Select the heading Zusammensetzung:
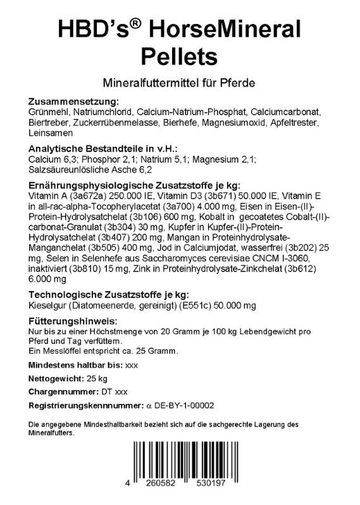click(73, 102)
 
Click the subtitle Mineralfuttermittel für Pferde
click(179, 82)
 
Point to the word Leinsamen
click(51, 134)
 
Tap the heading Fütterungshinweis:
click(73, 320)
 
